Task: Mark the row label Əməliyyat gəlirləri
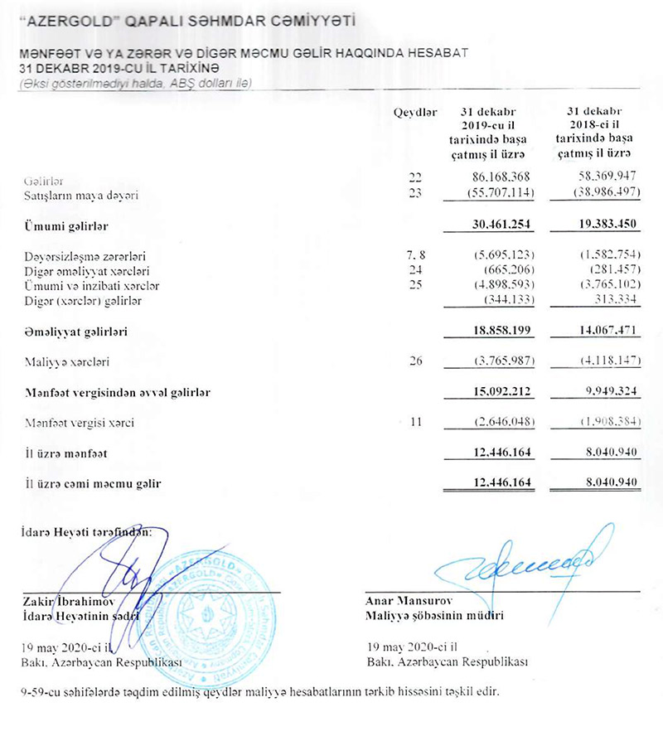(69, 332)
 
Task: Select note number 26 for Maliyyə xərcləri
(416, 361)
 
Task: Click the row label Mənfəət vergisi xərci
(79, 423)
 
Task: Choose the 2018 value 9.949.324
(601, 392)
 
